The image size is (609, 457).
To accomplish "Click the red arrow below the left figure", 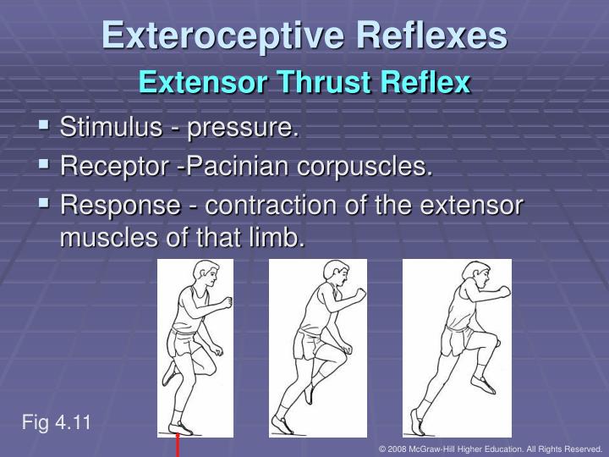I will [x=178, y=444].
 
